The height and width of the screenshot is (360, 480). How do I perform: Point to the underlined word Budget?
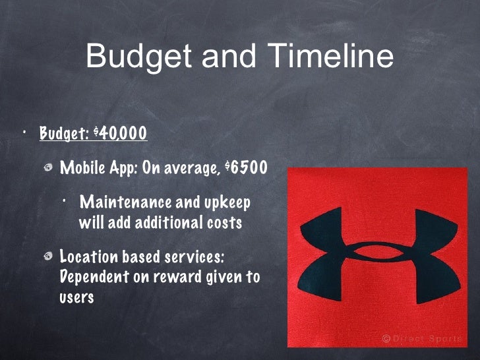(x=64, y=133)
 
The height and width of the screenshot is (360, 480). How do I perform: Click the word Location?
(x=89, y=256)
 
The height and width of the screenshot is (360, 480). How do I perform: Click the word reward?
(x=175, y=277)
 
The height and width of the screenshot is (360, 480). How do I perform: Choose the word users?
(x=76, y=297)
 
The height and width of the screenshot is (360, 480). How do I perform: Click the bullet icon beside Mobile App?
(x=47, y=167)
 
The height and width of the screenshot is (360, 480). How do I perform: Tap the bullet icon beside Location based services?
(x=47, y=256)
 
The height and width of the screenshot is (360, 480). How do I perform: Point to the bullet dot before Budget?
(x=25, y=131)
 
